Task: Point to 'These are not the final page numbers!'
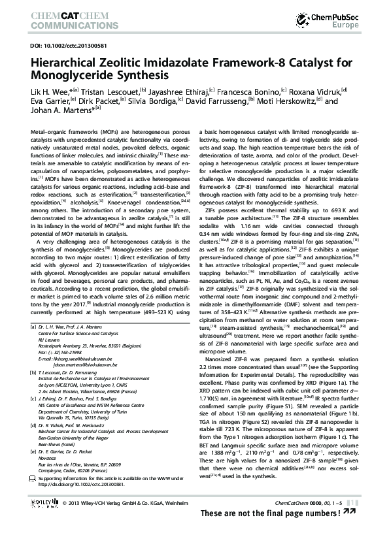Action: point(278,533)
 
